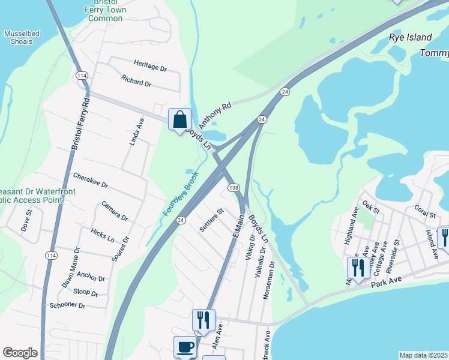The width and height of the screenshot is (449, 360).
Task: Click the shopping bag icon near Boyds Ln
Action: point(179,120)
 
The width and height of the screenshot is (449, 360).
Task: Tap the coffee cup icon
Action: point(185,346)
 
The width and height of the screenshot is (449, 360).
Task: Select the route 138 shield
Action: point(234,188)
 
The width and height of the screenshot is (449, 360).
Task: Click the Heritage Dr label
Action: point(150,65)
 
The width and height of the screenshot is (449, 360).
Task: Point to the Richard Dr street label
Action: point(136,80)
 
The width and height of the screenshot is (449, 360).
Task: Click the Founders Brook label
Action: point(181,196)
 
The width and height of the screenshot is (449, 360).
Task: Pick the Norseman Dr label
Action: point(268,280)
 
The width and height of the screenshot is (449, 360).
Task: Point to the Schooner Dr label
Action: point(68,305)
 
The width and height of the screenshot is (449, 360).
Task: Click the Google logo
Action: point(20,353)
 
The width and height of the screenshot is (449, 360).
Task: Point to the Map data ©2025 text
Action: point(423,355)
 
